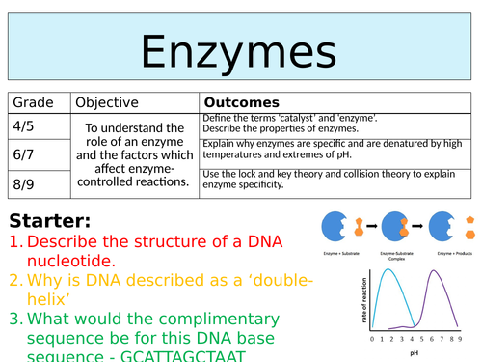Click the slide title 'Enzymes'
click(240, 49)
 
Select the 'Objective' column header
click(106, 102)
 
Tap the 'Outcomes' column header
click(242, 102)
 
